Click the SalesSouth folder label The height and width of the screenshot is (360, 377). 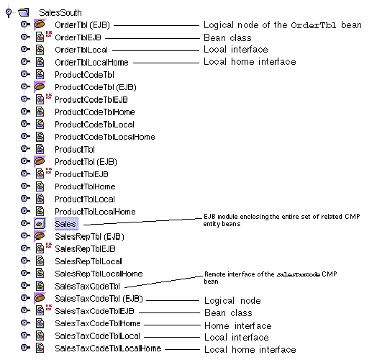coord(60,12)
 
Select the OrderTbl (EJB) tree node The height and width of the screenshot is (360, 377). coord(82,25)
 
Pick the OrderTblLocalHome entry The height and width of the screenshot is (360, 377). coord(91,63)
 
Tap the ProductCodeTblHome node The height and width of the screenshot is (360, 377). coord(94,112)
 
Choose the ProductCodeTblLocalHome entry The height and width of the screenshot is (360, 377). coord(104,137)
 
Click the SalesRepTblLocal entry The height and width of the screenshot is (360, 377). coord(88,261)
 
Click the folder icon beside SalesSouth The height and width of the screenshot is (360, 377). coord(24,12)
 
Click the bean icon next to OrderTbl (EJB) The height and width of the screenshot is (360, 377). coord(40,25)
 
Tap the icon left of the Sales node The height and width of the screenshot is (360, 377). coord(40,224)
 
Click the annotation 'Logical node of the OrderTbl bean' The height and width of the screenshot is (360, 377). coord(282,25)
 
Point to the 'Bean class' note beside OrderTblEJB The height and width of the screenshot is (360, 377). coord(227,37)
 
